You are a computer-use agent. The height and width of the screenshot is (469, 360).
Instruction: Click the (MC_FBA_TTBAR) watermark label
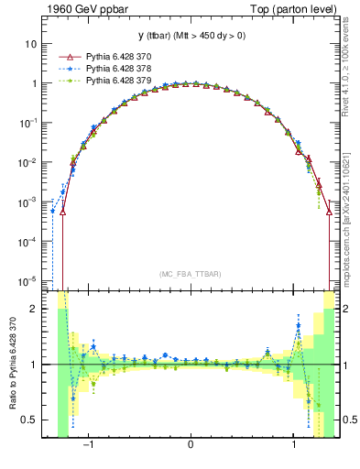(x=190, y=274)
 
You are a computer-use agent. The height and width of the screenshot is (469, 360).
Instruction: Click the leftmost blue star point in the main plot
(x=52, y=211)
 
